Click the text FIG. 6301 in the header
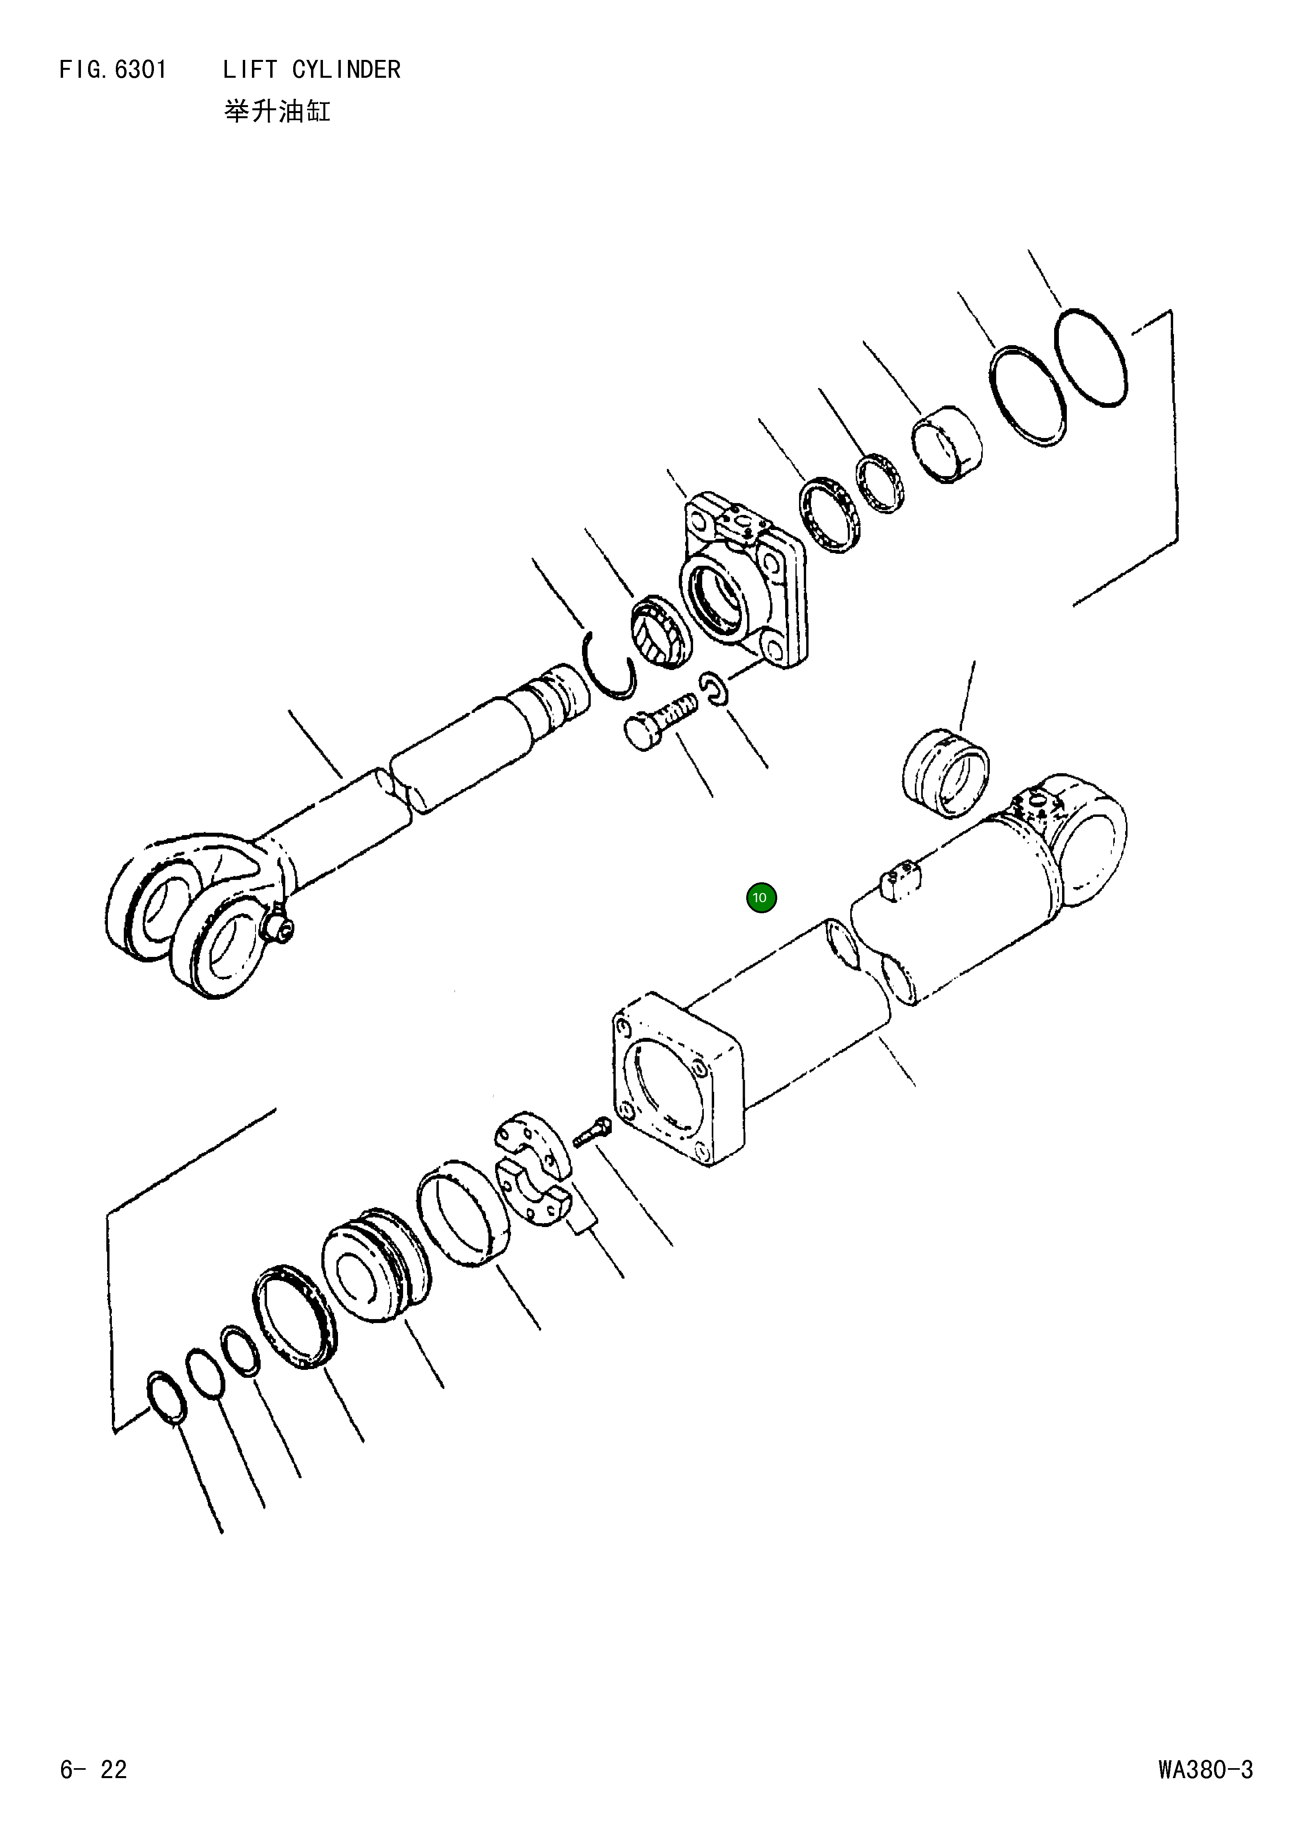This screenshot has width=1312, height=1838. point(113,70)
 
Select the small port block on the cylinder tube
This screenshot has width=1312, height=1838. point(903,881)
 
